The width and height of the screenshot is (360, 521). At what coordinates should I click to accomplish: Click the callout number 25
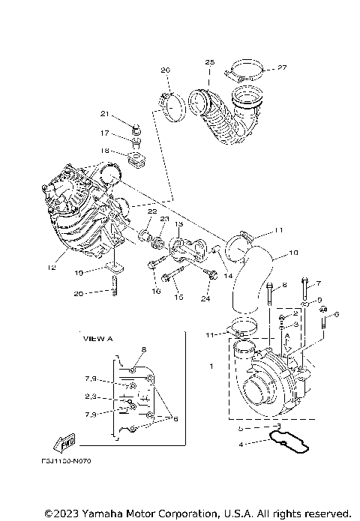209,61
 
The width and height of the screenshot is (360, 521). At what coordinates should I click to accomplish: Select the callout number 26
165,70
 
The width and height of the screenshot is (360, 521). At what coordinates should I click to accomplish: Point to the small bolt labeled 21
136,123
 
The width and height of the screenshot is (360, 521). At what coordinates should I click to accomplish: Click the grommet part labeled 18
136,158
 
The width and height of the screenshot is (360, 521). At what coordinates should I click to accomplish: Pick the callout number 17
106,133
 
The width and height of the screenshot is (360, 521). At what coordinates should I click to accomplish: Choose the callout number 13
179,224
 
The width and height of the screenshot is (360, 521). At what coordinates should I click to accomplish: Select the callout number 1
211,367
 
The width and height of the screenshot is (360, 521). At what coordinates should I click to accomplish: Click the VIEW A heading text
97,339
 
